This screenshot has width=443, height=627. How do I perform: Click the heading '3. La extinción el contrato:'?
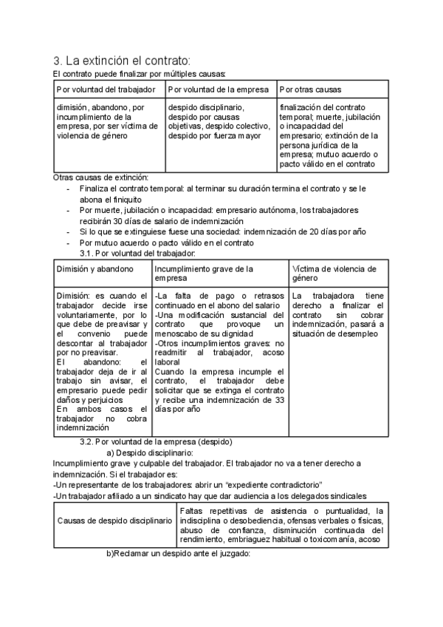point(121,60)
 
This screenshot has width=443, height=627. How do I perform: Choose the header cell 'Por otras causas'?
point(310,89)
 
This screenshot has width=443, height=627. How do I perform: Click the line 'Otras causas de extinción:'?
point(101,177)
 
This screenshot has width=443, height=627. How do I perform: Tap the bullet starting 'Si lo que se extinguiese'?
point(222,231)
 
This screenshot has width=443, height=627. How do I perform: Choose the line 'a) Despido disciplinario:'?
point(150,453)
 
